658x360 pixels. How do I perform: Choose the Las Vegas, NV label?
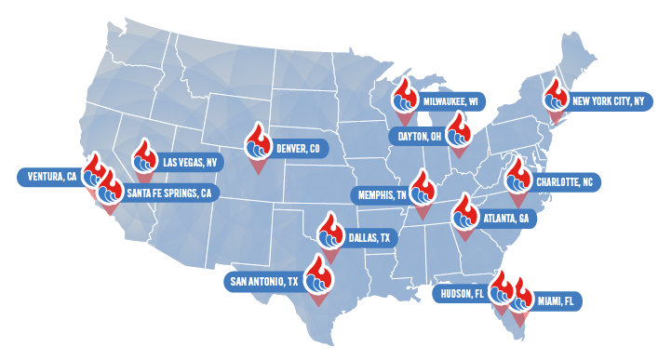[x=189, y=162]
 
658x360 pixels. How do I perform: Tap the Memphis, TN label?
[x=379, y=195]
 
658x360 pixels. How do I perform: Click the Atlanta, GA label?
[x=505, y=220]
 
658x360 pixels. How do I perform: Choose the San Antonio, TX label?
[x=266, y=281]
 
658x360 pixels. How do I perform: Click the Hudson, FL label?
[x=461, y=294]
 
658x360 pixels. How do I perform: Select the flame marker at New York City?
[x=557, y=97]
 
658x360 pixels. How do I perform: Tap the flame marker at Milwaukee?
[x=404, y=96]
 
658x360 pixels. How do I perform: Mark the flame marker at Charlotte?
[x=517, y=177]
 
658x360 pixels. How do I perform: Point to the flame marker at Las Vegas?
[x=143, y=158]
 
